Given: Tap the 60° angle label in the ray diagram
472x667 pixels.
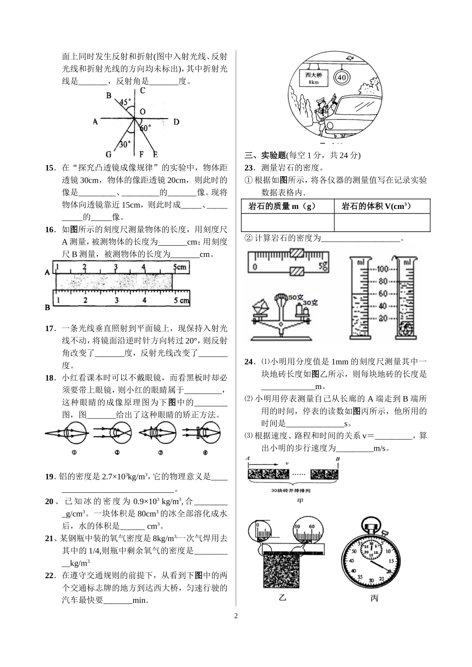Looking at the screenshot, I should point(145,128).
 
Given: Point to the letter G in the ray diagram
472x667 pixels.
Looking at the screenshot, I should point(108,154).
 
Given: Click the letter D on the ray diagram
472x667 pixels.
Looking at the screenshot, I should point(176,122).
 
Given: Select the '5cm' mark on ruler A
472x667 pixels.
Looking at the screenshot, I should point(179,267).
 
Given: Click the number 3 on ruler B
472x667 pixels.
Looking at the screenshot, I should point(116,300).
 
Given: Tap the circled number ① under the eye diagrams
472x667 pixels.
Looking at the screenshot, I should point(73,452).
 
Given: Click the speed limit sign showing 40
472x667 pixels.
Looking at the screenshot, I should point(342,77).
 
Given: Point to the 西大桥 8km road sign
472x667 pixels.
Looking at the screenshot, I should point(313,78).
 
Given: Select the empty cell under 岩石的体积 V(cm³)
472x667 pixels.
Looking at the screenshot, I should point(382,222).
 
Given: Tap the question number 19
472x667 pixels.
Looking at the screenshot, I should point(50,476).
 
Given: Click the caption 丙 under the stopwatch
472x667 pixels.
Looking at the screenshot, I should point(374,598).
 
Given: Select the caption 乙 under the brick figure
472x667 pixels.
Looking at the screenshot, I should point(282,598).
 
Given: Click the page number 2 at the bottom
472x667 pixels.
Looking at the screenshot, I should point(236,616).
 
